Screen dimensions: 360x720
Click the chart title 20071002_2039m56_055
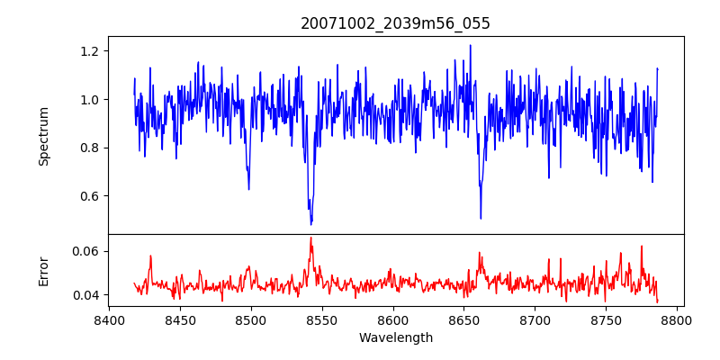coord(395,23)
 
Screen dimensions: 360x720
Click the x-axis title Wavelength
coord(395,337)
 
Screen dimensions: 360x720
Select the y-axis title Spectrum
coord(43,136)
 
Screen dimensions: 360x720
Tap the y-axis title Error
coord(43,271)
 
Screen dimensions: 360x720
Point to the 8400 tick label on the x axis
coord(109,319)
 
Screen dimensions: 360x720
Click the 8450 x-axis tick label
coord(180,319)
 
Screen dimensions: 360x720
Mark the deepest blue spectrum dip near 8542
coord(311,224)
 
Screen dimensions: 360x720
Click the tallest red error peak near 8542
coord(311,238)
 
